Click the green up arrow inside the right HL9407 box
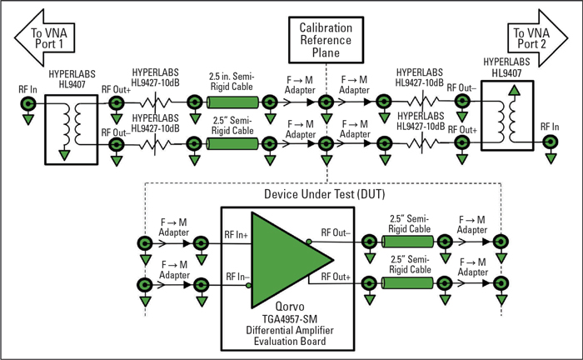[501, 115]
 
